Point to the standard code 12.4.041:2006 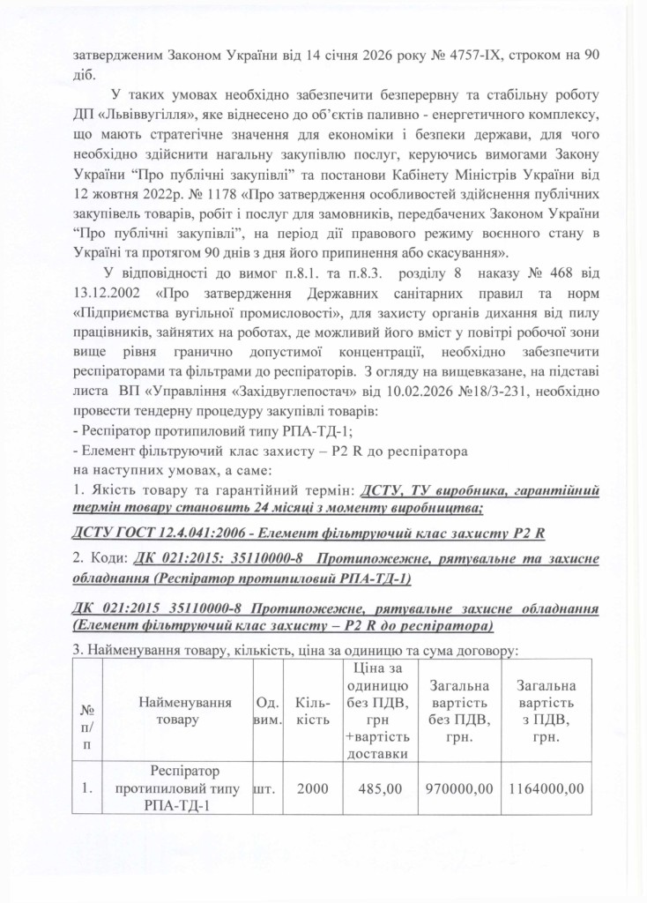pyautogui.click(x=187, y=534)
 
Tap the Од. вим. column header pyautogui.click(x=268, y=710)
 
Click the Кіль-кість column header pyautogui.click(x=313, y=710)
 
